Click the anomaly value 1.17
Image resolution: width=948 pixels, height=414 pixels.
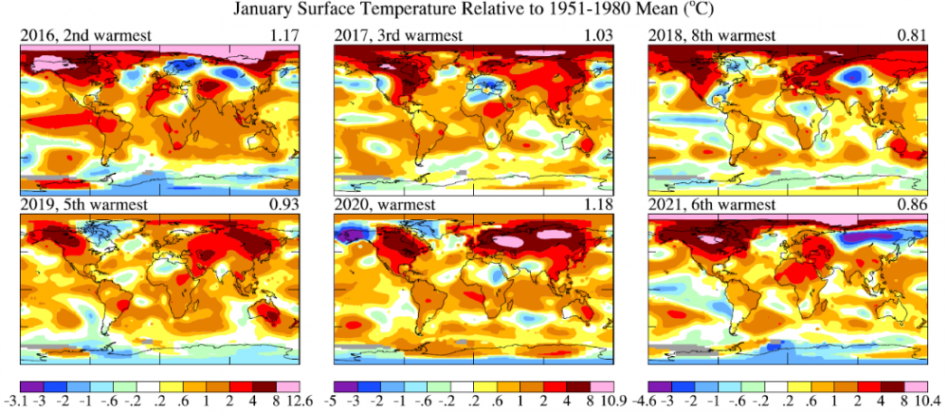coord(284,36)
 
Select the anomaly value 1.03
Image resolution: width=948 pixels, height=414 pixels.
coord(598,36)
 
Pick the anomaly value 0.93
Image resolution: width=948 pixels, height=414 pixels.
coord(284,204)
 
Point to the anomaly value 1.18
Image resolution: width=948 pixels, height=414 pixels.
coord(598,204)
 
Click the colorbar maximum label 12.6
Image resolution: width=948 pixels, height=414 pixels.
coord(292,402)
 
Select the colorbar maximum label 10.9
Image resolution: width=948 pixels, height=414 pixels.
coord(606,402)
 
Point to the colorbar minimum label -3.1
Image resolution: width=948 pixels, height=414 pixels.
coord(15,402)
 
